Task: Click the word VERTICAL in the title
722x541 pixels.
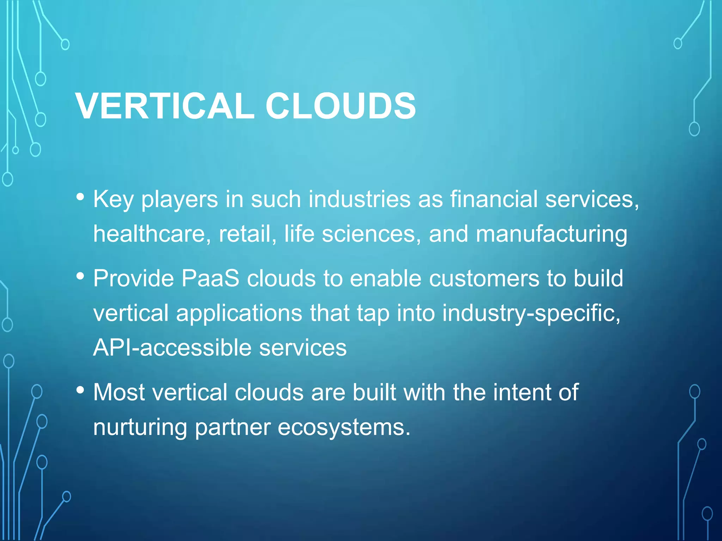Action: [165, 106]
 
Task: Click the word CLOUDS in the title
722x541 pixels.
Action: [341, 106]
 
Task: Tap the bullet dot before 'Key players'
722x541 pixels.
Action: [80, 197]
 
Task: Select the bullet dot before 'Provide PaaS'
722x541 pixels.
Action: [80, 276]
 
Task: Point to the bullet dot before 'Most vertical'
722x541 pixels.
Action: [80, 390]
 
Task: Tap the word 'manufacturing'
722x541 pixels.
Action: [551, 234]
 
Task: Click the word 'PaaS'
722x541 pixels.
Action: [210, 278]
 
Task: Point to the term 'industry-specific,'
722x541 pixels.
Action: [531, 313]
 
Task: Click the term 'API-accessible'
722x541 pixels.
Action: [172, 348]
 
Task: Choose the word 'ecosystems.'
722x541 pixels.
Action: [344, 428]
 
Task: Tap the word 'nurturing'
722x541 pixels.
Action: [140, 428]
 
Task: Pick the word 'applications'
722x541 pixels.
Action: [239, 313]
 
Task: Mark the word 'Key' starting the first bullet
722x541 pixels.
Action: [113, 200]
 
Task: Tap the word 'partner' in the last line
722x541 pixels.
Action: [232, 428]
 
